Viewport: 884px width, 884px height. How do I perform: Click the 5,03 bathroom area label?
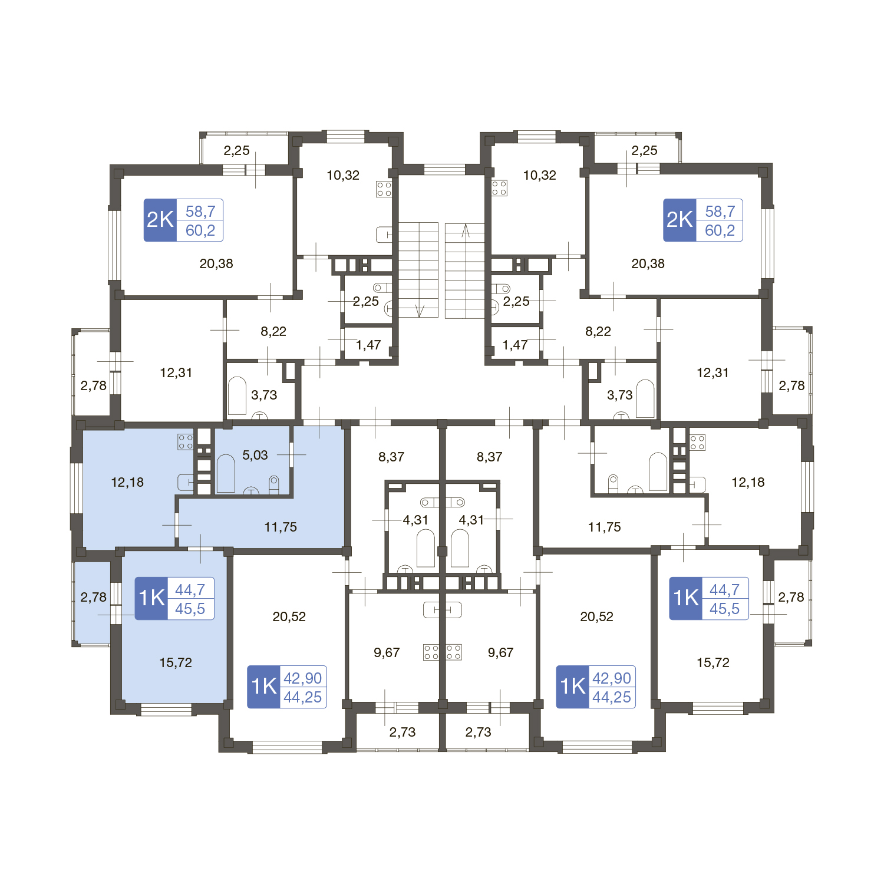click(255, 455)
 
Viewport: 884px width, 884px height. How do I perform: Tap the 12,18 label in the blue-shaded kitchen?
click(127, 482)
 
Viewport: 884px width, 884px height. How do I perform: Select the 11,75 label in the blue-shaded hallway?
click(281, 527)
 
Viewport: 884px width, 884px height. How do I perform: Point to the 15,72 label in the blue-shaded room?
click(176, 662)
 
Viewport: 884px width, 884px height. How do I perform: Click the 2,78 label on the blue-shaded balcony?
click(94, 597)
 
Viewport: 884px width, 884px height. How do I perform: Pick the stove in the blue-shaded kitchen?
click(186, 442)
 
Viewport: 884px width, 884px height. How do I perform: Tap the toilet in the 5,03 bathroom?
click(273, 484)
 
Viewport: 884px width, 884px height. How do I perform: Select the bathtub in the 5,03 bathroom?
click(226, 473)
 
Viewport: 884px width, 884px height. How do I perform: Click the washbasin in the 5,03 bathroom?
click(252, 491)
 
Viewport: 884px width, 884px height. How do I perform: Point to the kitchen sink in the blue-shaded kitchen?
click(186, 483)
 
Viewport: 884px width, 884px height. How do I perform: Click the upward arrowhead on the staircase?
click(466, 230)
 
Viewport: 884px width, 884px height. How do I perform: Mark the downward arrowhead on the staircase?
click(420, 311)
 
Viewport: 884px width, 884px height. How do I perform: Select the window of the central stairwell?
click(444, 170)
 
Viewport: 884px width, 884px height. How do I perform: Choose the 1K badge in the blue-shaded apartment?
click(151, 598)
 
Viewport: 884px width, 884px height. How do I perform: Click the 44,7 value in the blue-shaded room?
click(190, 589)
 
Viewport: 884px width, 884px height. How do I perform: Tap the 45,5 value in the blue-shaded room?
click(190, 609)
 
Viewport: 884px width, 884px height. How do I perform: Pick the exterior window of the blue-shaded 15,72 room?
click(166, 709)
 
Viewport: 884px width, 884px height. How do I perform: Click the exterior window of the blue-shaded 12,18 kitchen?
click(77, 488)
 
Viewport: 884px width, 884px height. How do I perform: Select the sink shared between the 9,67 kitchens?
click(443, 610)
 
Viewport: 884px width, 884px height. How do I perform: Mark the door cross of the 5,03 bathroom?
click(291, 454)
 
